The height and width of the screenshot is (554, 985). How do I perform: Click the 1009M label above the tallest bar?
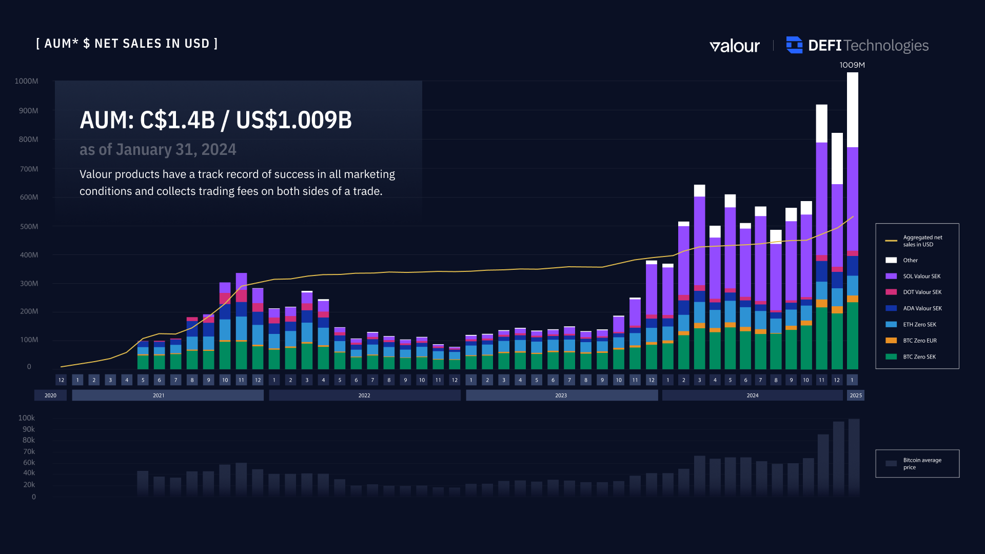(852, 65)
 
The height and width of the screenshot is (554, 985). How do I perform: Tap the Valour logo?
(734, 46)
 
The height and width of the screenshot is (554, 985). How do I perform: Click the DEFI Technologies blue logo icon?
(794, 45)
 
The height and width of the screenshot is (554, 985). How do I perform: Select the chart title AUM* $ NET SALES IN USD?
(127, 44)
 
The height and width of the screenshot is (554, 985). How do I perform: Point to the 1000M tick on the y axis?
(26, 81)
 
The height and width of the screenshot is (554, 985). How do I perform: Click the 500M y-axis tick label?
(29, 227)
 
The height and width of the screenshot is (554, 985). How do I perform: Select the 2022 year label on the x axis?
(364, 395)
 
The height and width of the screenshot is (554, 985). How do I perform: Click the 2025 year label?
(855, 395)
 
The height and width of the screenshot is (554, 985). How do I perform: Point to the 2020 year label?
(50, 395)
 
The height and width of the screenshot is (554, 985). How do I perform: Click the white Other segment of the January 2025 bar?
(852, 110)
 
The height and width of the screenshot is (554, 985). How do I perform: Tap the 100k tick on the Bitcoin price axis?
(27, 418)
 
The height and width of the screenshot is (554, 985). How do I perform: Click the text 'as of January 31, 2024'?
(157, 149)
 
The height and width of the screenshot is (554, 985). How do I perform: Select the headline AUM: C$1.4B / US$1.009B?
(215, 120)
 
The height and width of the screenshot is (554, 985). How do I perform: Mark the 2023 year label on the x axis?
(561, 395)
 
